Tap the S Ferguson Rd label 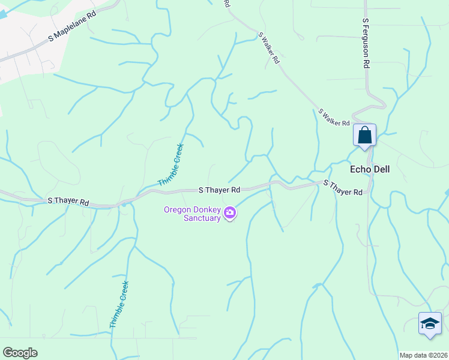(365, 43)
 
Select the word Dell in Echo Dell (381, 169)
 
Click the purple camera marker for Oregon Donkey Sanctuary (229, 213)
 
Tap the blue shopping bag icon (364, 135)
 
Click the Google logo (20, 353)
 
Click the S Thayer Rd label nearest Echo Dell (343, 188)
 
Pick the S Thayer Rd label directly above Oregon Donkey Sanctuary (219, 190)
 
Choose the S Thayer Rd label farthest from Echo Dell (68, 201)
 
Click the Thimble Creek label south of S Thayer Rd (119, 305)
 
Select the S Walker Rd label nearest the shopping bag (334, 118)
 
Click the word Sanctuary (202, 218)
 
